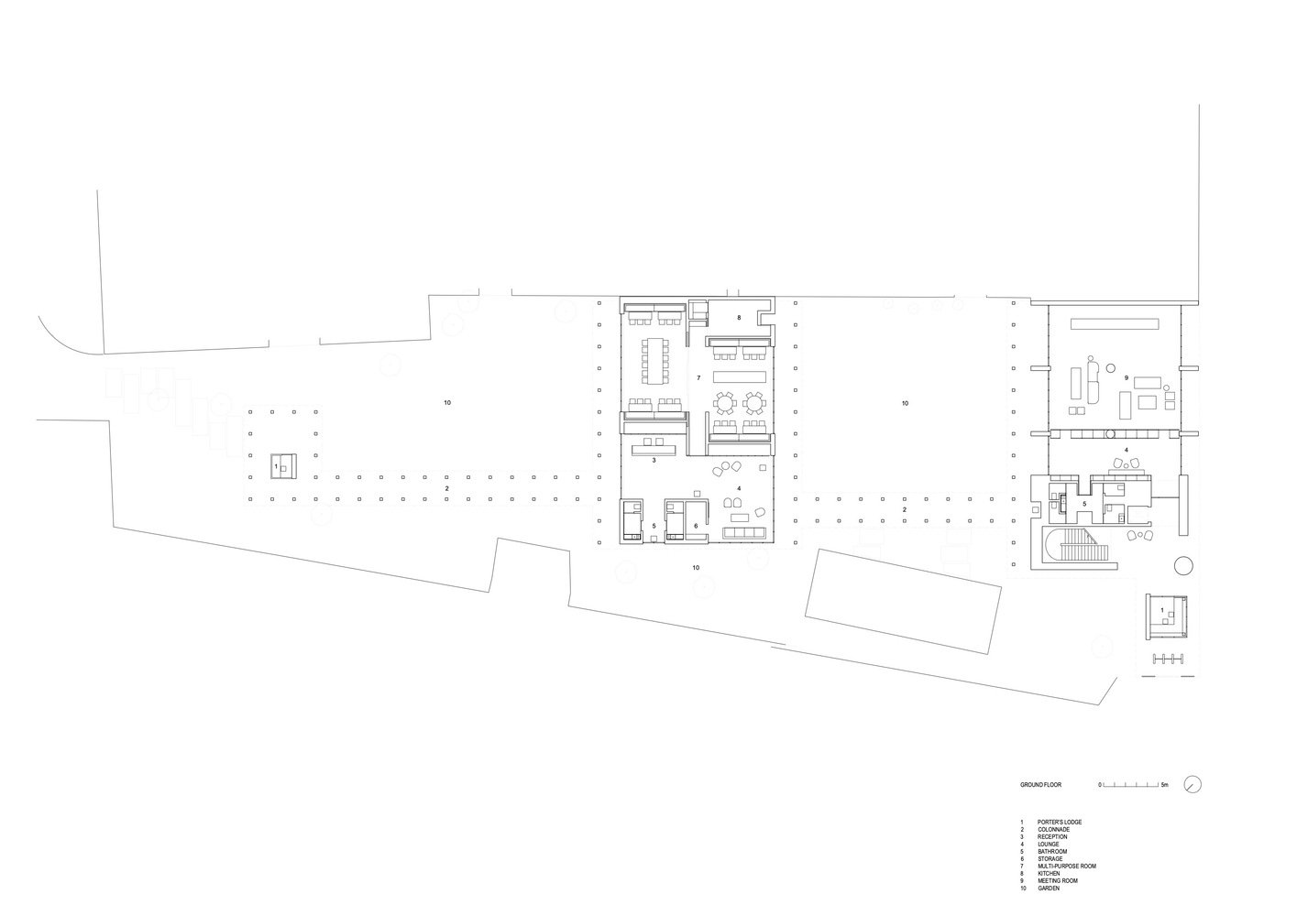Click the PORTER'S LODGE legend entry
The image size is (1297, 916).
pyautogui.click(x=1060, y=823)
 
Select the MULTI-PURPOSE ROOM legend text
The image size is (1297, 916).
pyautogui.click(x=1067, y=867)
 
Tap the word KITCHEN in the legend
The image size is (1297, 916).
pyautogui.click(x=1049, y=874)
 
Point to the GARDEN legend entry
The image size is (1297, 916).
pyautogui.click(x=1049, y=889)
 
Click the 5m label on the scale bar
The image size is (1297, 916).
pyautogui.click(x=1165, y=785)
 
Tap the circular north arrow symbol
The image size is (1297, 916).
pyautogui.click(x=1193, y=785)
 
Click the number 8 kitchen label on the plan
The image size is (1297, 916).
pyautogui.click(x=739, y=318)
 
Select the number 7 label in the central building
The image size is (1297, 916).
pyautogui.click(x=698, y=378)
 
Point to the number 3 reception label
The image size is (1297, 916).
pyautogui.click(x=654, y=461)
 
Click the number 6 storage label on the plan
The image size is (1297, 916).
pyautogui.click(x=696, y=526)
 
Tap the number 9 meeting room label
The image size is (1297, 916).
pyautogui.click(x=1127, y=378)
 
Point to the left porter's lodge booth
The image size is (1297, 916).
pyautogui.click(x=284, y=466)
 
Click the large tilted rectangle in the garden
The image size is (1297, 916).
pyautogui.click(x=903, y=602)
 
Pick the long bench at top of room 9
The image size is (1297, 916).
pyautogui.click(x=1115, y=323)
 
